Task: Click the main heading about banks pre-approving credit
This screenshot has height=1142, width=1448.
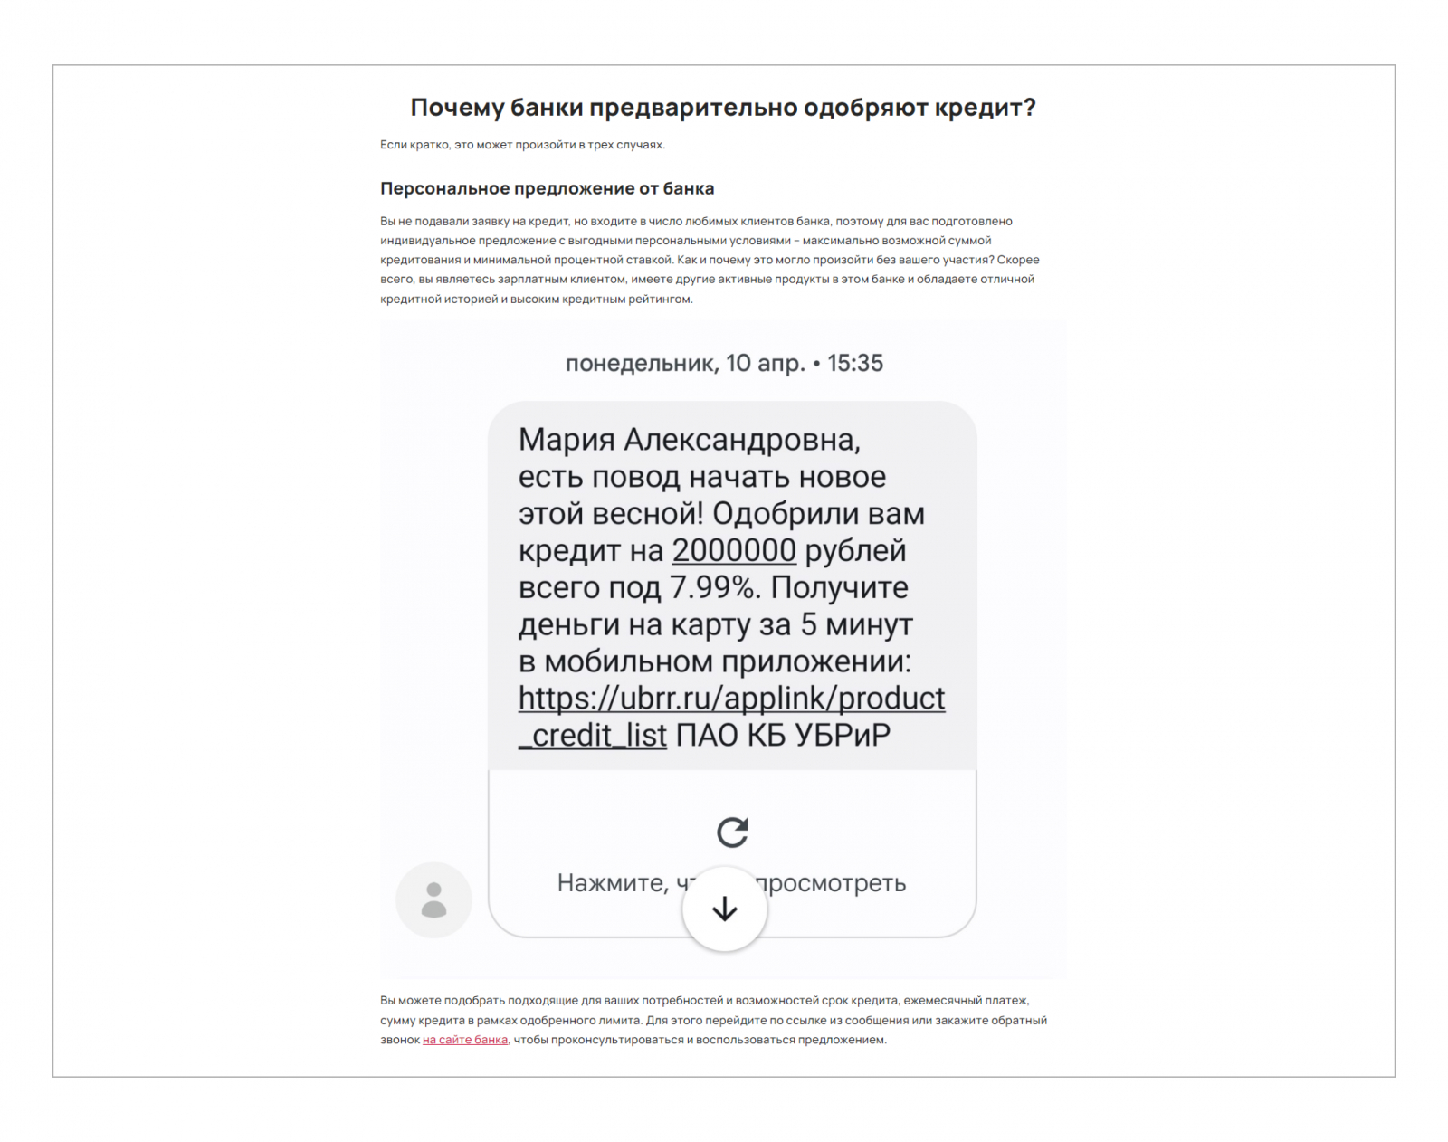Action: pyautogui.click(x=723, y=108)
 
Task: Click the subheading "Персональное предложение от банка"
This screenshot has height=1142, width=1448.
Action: pyautogui.click(x=547, y=188)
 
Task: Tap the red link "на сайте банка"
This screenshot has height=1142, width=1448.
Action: pyautogui.click(x=464, y=1040)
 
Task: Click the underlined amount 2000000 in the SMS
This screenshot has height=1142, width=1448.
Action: pyautogui.click(x=734, y=550)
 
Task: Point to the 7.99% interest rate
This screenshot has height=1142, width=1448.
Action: pyautogui.click(x=713, y=587)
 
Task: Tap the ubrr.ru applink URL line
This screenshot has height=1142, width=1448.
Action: pyautogui.click(x=731, y=698)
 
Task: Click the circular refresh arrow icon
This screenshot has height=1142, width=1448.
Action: pyautogui.click(x=732, y=832)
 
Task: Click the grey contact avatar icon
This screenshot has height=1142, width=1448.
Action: pyautogui.click(x=433, y=899)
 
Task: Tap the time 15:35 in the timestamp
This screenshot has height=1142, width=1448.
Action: pyautogui.click(x=855, y=363)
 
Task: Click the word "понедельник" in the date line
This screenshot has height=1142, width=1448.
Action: pyautogui.click(x=641, y=364)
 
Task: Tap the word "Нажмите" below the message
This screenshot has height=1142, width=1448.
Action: pyautogui.click(x=612, y=883)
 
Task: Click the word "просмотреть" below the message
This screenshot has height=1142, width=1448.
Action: pyautogui.click(x=831, y=883)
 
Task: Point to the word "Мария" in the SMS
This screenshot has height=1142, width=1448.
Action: pyautogui.click(x=567, y=440)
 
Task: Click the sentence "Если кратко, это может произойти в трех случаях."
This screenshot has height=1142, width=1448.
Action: pyautogui.click(x=522, y=145)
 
